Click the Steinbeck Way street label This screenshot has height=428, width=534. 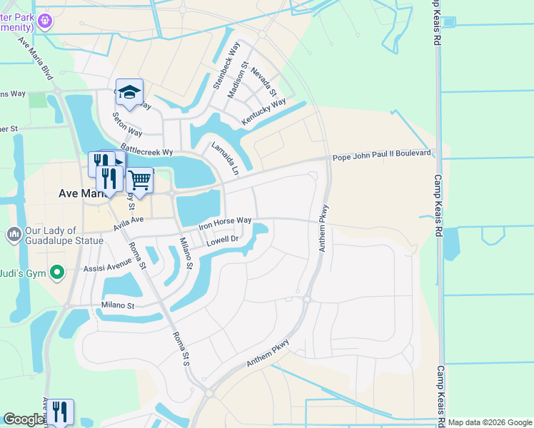click(226, 66)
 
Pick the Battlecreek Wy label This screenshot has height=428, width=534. click(146, 151)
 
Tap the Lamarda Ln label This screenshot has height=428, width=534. click(225, 158)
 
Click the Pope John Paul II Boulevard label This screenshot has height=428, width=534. click(382, 153)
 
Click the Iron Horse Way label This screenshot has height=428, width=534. click(225, 223)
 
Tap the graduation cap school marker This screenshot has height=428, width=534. click(129, 93)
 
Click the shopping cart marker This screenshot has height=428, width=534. click(139, 180)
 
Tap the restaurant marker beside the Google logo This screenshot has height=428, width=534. click(60, 412)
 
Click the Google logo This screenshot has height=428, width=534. click(24, 419)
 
